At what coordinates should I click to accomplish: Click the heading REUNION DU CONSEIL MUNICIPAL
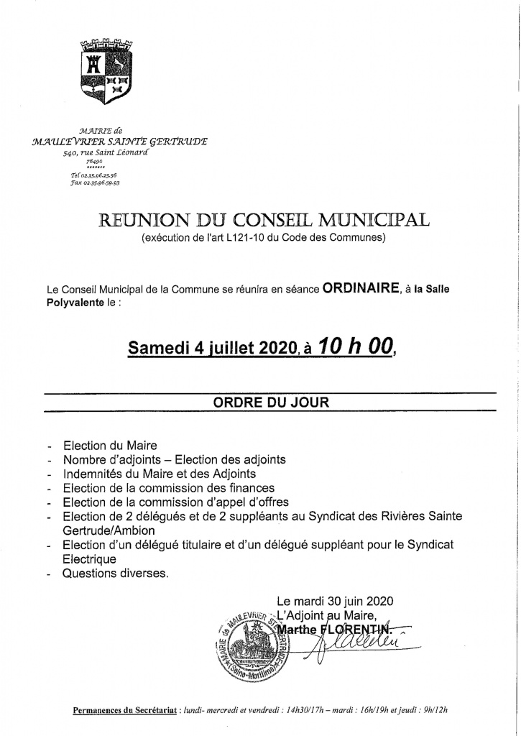coord(263,220)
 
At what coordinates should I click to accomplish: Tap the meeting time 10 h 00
coord(356,347)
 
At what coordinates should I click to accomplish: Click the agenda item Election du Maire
coord(110,446)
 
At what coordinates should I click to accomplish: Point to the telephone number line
coord(95,175)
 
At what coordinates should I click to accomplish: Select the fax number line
coord(95,183)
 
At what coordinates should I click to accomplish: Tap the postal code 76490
coord(95,162)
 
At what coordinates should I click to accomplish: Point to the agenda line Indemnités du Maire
coord(160,474)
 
